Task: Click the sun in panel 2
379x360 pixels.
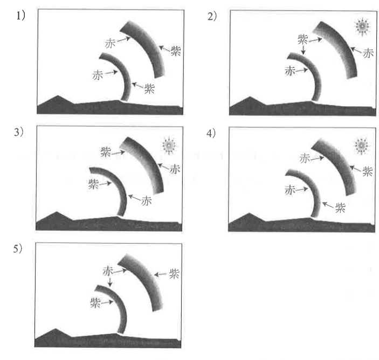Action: point(362,26)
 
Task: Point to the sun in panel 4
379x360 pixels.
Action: point(361,146)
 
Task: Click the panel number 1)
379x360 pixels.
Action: point(20,16)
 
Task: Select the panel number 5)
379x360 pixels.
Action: point(18,248)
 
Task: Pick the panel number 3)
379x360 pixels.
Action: point(19,132)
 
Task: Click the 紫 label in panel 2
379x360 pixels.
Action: point(302,39)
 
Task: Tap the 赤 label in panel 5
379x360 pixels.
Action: point(108,271)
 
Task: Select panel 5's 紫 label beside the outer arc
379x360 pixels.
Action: point(174,274)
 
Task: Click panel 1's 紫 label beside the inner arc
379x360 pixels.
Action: point(149,89)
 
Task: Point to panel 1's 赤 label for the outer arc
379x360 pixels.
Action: point(110,44)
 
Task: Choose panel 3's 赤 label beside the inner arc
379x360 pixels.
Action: point(146,201)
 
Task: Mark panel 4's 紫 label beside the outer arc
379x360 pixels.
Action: point(367,171)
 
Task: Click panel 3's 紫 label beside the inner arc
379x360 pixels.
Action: point(93,184)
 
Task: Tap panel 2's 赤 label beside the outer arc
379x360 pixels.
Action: point(368,53)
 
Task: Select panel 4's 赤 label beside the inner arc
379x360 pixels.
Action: point(290,190)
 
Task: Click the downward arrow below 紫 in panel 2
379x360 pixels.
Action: point(304,50)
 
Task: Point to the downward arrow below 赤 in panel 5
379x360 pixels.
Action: point(110,281)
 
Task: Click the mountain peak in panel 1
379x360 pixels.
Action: point(58,96)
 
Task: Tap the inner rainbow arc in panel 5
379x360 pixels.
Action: point(124,304)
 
